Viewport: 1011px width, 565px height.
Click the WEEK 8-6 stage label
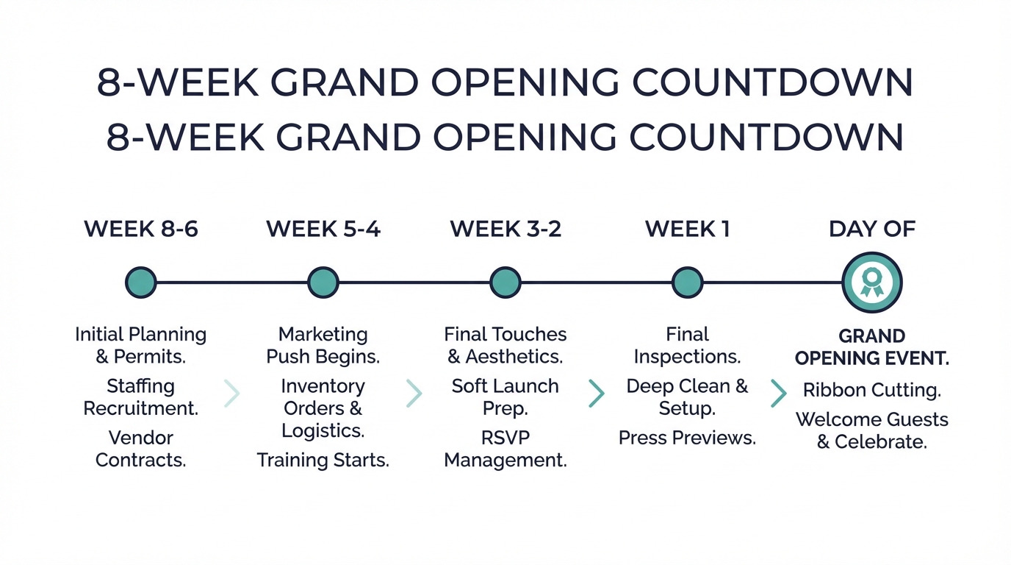point(141,230)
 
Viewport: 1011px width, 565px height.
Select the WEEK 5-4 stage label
point(323,230)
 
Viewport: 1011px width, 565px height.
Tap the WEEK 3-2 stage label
point(505,230)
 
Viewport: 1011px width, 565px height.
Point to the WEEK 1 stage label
point(687,230)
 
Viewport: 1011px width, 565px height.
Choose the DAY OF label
point(872,230)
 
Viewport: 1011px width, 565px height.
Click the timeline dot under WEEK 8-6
point(141,282)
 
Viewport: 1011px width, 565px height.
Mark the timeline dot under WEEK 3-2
point(505,282)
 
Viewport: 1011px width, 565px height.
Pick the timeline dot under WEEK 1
point(687,282)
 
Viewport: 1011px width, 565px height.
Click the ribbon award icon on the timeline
point(872,282)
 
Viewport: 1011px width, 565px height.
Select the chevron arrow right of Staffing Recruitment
point(231,394)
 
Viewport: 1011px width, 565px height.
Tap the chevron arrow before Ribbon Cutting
point(778,394)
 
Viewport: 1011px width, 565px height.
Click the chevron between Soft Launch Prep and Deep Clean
point(596,394)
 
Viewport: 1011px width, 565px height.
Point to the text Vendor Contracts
point(141,449)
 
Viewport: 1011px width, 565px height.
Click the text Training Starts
point(323,461)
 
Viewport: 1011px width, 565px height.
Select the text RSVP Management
point(505,449)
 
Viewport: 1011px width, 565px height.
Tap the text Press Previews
point(687,438)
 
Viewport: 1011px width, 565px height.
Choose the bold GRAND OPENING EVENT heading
point(872,347)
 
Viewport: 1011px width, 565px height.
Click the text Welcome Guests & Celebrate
point(872,431)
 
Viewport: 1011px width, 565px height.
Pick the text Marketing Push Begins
point(323,346)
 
